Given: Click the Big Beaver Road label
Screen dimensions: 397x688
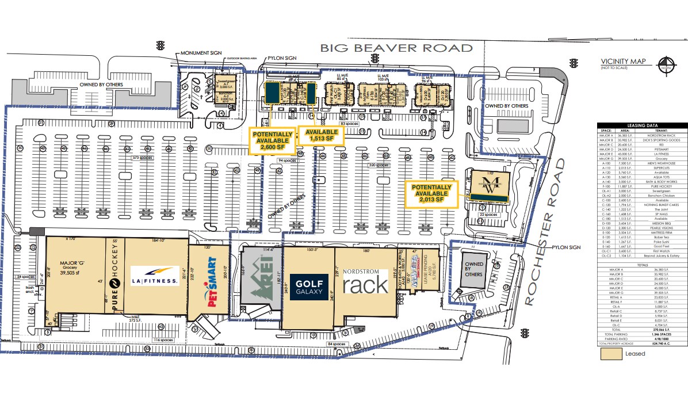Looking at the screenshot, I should coord(396,48).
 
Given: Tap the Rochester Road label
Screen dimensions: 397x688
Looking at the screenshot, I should coord(548,232).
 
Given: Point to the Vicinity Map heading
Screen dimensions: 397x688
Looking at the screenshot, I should coord(623,62).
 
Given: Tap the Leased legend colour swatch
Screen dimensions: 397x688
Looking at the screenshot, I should coord(609,353).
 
